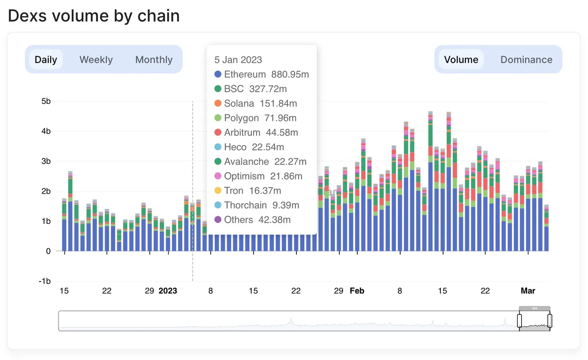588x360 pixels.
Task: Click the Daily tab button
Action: coord(46,60)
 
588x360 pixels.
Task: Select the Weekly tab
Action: coord(96,60)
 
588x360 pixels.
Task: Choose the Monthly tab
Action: coord(154,60)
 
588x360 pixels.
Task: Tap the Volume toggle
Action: coord(461,60)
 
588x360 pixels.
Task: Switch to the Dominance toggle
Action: coord(526,60)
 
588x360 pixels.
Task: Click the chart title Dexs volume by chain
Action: coord(94,16)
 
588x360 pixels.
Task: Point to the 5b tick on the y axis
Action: coord(46,101)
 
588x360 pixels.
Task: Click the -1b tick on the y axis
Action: coord(45,281)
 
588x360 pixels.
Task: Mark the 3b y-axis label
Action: coord(46,161)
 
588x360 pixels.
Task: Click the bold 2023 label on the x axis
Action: coord(168,291)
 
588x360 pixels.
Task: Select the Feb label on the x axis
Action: coord(357,291)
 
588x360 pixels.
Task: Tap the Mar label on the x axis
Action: coord(528,291)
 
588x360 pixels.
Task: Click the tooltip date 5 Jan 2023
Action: coord(238,60)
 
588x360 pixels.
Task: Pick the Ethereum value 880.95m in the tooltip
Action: coord(290,74)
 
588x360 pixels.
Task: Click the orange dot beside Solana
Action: coord(218,103)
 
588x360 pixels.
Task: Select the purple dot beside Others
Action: coord(218,220)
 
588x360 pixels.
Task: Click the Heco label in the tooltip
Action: coord(235,147)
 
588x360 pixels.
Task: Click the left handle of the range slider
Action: coord(519,321)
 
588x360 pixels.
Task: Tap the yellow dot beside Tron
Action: coord(218,191)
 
